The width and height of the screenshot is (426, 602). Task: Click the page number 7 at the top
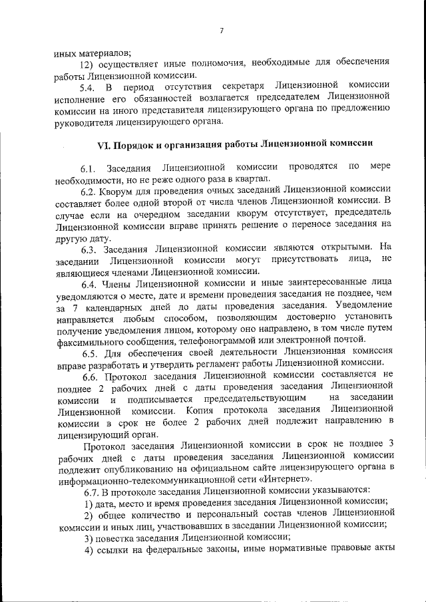(x=220, y=29)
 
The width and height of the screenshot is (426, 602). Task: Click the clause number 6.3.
(x=91, y=249)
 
